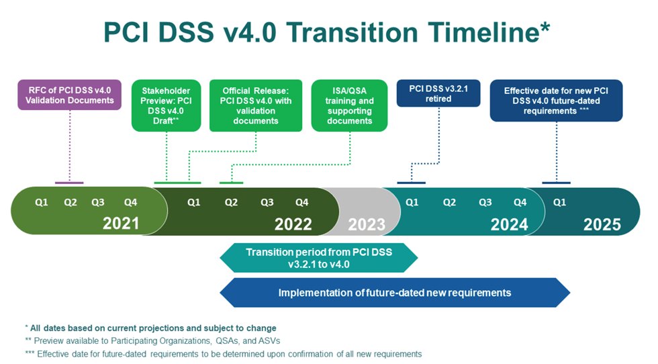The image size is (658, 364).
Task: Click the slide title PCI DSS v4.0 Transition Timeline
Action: (326, 32)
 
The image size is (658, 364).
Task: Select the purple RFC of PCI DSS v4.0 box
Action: (70, 95)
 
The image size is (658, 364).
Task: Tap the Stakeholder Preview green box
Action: (167, 106)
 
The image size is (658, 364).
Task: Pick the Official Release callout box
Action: (256, 106)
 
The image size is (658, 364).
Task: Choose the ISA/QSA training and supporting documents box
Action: (349, 106)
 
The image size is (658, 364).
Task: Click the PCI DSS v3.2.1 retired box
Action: (438, 93)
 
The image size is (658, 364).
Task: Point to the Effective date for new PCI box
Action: (556, 101)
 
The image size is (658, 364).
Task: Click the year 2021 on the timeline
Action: (121, 224)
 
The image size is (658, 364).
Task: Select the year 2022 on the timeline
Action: (293, 224)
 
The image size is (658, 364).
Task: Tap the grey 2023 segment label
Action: (367, 224)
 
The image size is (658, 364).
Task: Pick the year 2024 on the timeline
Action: (509, 224)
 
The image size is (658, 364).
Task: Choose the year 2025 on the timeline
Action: (602, 224)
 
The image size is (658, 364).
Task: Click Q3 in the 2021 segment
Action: (98, 202)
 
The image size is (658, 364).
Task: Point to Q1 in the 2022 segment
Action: (193, 202)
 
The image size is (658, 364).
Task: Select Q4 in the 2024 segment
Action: (520, 202)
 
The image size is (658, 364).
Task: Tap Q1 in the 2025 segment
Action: (559, 202)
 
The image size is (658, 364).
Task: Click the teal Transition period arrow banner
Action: (319, 258)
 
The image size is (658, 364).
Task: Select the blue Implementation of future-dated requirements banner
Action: (395, 293)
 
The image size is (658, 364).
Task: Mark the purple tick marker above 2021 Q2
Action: (69, 183)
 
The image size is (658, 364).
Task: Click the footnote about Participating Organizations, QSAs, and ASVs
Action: (153, 341)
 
